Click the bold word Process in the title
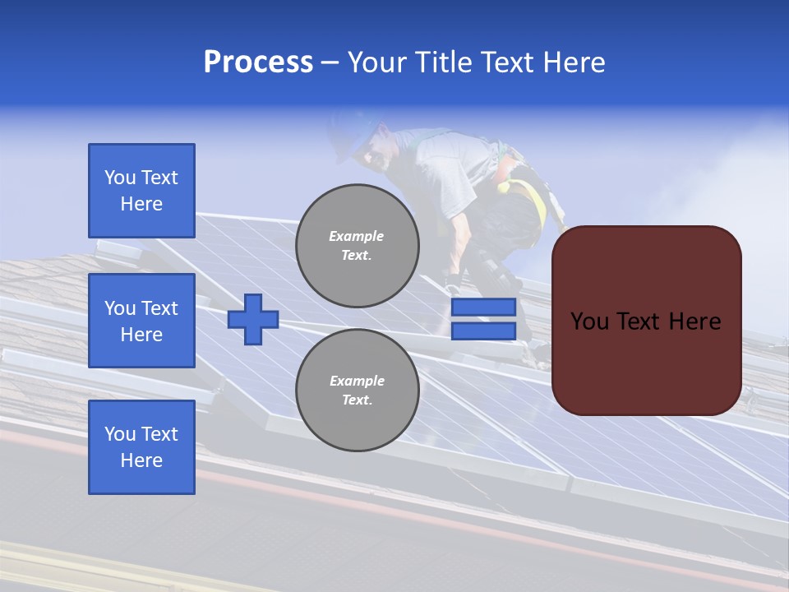point(258,62)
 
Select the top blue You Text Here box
point(141,191)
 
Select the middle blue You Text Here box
point(141,321)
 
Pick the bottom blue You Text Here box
point(141,447)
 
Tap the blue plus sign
point(253,319)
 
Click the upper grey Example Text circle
point(357,246)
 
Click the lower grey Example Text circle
point(357,390)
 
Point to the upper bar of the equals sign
point(483,308)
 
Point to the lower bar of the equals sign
point(483,331)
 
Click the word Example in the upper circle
point(356,236)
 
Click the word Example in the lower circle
point(357,381)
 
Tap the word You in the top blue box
point(119,178)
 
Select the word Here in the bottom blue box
point(141,460)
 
